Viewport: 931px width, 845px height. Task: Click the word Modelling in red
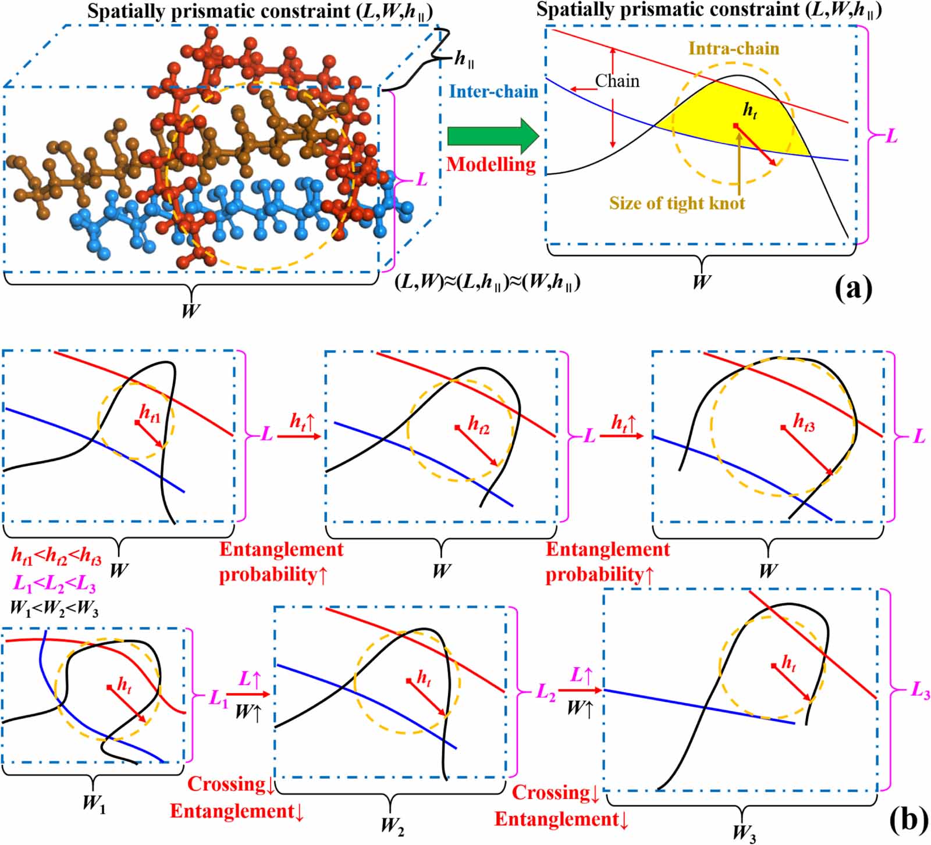pos(491,165)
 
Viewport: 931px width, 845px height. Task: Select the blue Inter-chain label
pos(493,91)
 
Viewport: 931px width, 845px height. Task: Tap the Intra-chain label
pos(734,48)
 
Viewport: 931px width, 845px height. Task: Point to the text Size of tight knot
pos(677,203)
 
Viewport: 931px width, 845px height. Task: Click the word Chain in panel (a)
pos(617,81)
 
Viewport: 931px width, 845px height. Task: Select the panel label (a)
pos(854,287)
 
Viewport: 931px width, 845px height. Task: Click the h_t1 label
pos(150,413)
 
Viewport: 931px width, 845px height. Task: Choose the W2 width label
pos(392,826)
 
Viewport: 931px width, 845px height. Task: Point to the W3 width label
pos(744,833)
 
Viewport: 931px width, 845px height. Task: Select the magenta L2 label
pos(545,692)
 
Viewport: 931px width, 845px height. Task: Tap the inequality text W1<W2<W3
pos(54,609)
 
